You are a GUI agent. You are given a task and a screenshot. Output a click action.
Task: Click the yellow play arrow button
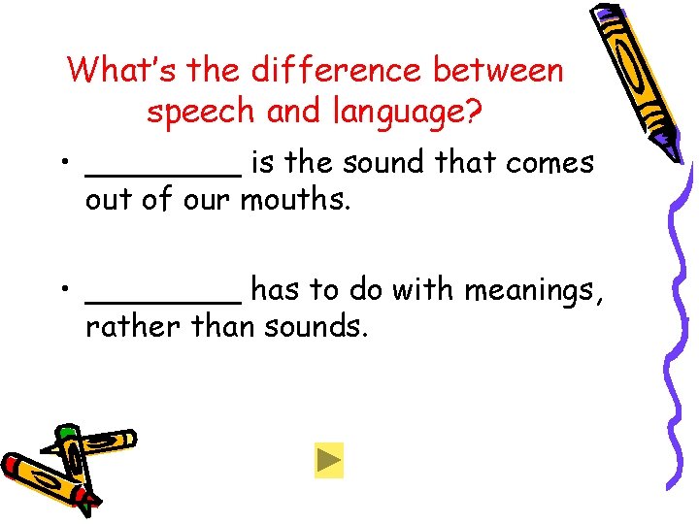[329, 460]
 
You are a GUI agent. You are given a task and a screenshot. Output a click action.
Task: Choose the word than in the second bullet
[224, 326]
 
